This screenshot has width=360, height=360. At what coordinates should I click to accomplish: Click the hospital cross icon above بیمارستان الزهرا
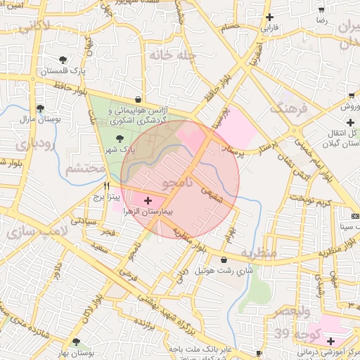[147, 201]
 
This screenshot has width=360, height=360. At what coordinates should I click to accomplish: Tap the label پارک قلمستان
[62, 72]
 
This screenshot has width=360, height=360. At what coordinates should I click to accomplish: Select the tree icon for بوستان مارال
[40, 108]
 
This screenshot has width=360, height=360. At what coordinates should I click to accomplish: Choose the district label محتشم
[85, 169]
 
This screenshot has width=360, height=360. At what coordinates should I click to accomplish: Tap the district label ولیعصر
[291, 310]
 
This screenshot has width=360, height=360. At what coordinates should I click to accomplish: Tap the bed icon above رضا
[322, 11]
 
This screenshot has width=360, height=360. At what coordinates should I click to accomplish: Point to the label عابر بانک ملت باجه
[194, 349]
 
